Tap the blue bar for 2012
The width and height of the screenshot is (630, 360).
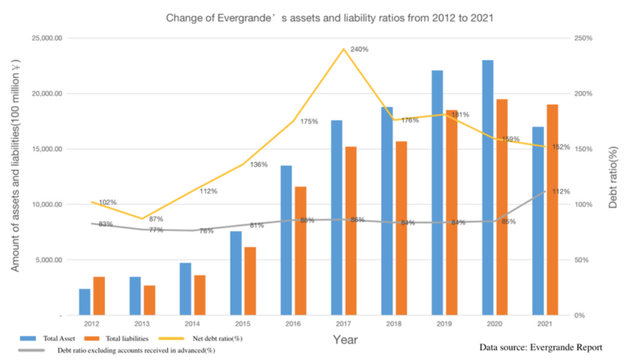[x=84, y=302]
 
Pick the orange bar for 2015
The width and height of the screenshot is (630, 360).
[x=250, y=281]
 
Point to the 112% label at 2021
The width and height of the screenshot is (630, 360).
[x=561, y=191]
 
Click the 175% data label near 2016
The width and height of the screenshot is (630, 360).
[x=308, y=122]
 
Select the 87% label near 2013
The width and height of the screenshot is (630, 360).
[x=156, y=219]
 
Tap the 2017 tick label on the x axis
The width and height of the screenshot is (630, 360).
[x=343, y=323]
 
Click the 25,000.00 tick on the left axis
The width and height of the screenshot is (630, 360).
[x=49, y=39]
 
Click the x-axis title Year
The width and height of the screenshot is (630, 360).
[x=345, y=340]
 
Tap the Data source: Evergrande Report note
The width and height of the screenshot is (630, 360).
[x=540, y=347]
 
